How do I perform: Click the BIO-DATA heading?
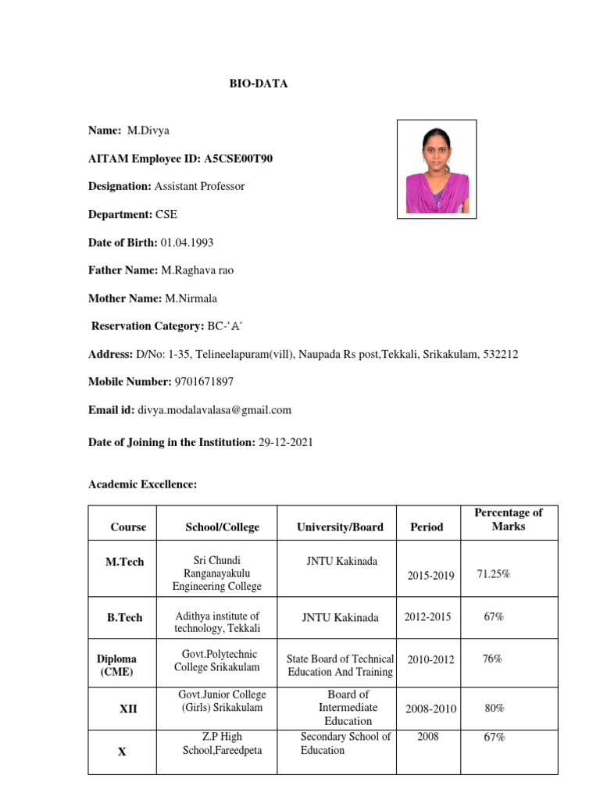(x=258, y=84)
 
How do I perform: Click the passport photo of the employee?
(x=437, y=168)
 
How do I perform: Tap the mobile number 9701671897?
(x=203, y=382)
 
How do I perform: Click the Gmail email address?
(x=215, y=409)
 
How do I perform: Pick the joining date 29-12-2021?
(x=285, y=442)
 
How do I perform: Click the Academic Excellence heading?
(x=143, y=485)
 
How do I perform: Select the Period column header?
(x=427, y=527)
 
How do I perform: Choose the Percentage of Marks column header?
(x=509, y=520)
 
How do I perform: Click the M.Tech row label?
(x=125, y=562)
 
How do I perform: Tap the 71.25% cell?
(x=494, y=574)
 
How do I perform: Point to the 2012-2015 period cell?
(x=427, y=617)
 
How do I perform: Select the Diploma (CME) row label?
(x=117, y=665)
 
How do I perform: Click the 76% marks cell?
(x=492, y=659)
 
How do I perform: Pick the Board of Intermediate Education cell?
(x=348, y=708)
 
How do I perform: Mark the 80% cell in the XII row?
(x=494, y=709)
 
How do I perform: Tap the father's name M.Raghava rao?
(x=198, y=270)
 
